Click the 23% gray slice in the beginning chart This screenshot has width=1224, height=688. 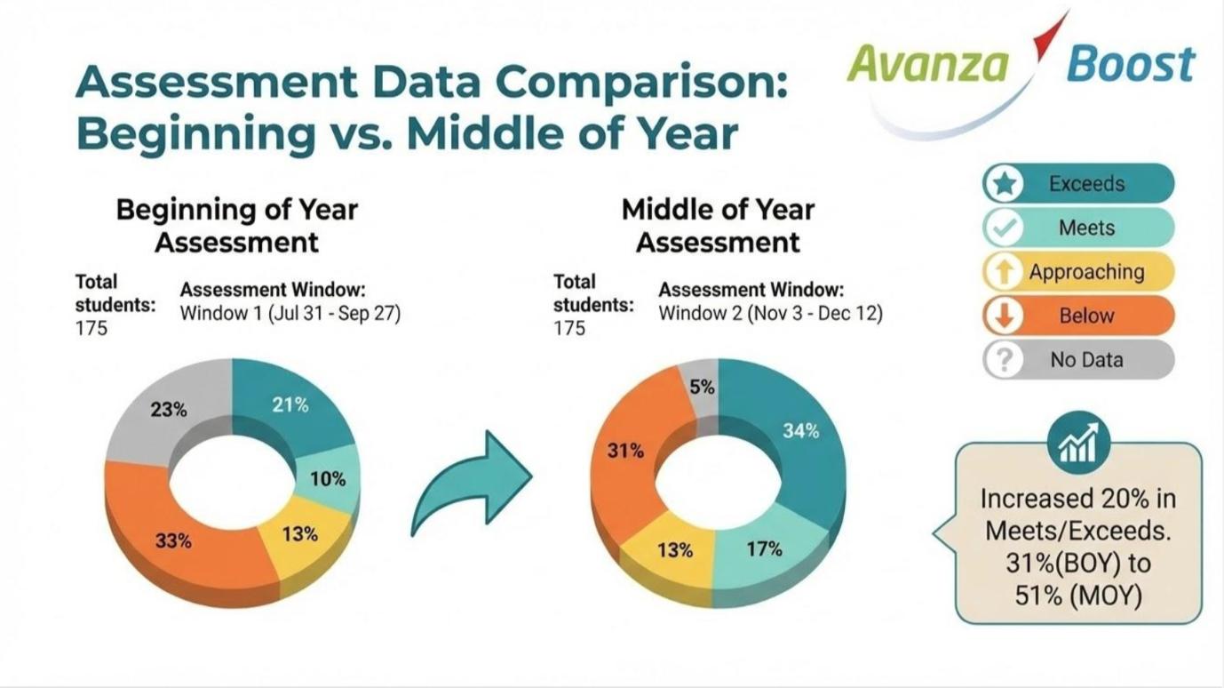pyautogui.click(x=169, y=410)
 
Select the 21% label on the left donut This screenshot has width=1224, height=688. pyautogui.click(x=290, y=405)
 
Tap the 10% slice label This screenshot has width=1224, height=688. pyautogui.click(x=328, y=479)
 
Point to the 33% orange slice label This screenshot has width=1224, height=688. pyautogui.click(x=173, y=540)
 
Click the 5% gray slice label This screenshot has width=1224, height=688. pyautogui.click(x=702, y=388)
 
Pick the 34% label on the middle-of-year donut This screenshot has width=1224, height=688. pyautogui.click(x=800, y=431)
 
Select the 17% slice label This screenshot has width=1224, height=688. pyautogui.click(x=764, y=549)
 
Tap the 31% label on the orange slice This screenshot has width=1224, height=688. pyautogui.click(x=625, y=451)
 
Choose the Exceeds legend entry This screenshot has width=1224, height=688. pyautogui.click(x=1086, y=184)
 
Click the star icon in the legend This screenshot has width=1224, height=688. pyautogui.click(x=1004, y=184)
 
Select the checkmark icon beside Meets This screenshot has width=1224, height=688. pyautogui.click(x=1004, y=228)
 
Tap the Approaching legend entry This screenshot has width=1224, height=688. pyautogui.click(x=1086, y=272)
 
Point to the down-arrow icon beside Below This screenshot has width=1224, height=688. pyautogui.click(x=1004, y=316)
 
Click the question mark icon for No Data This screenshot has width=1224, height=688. pyautogui.click(x=1004, y=360)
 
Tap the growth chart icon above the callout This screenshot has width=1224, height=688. pyautogui.click(x=1078, y=442)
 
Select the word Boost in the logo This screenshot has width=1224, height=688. pyautogui.click(x=1131, y=64)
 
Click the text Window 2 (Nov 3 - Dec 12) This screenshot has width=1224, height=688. pyautogui.click(x=770, y=314)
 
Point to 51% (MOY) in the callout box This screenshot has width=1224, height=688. pyautogui.click(x=1077, y=595)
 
